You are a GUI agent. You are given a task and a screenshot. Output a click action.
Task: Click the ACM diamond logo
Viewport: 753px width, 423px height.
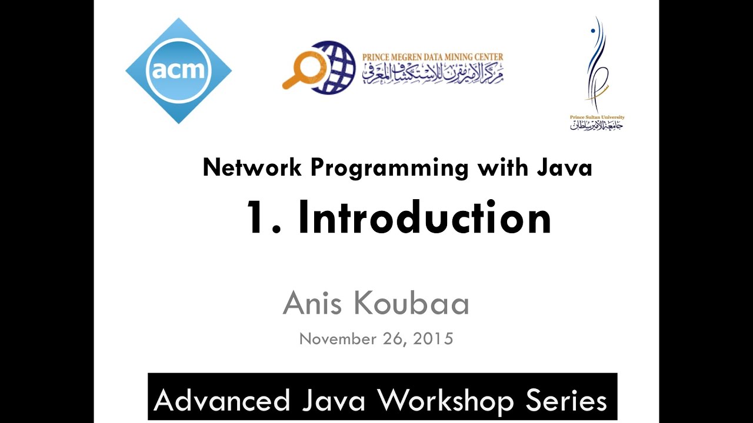tap(178, 71)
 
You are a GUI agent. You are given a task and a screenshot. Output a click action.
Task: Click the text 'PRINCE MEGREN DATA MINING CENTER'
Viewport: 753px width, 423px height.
tap(432, 57)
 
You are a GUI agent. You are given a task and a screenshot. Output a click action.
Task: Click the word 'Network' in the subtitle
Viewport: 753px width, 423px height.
tap(253, 168)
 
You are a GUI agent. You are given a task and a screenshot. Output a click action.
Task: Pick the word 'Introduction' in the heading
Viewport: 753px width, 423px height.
tap(425, 218)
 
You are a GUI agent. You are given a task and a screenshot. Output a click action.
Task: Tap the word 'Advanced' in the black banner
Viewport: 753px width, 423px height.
tap(222, 401)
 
